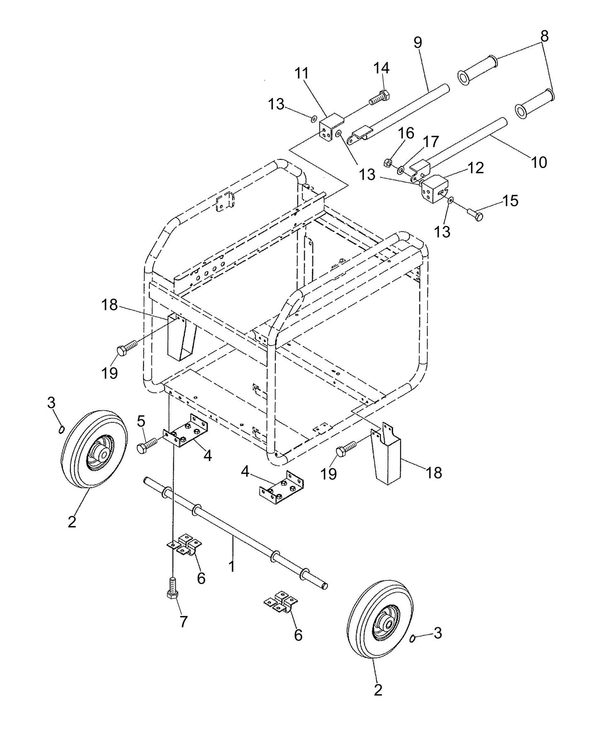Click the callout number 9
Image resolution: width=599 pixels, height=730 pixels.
pos(417,42)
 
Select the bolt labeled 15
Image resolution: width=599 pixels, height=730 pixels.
pos(475,214)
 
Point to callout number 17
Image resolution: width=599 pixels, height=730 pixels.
pos(431,142)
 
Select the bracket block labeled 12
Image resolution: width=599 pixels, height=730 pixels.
pos(434,189)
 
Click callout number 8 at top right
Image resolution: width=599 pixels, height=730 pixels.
pos(544,36)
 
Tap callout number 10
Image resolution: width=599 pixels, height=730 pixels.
pos(539,162)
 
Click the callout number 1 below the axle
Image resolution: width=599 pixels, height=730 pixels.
pos(232,566)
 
